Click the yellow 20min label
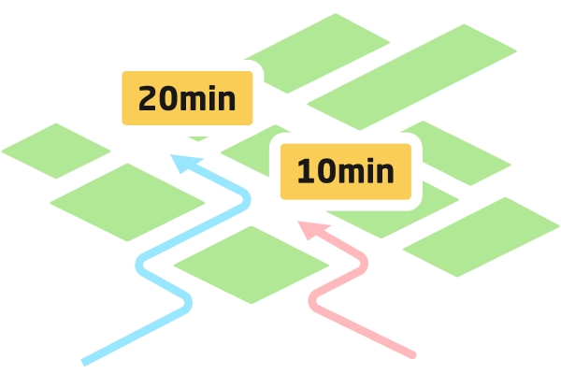187,97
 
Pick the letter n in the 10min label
384,174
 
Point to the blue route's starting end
85,361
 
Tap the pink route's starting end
412,354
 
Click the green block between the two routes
251,264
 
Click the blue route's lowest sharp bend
186,301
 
